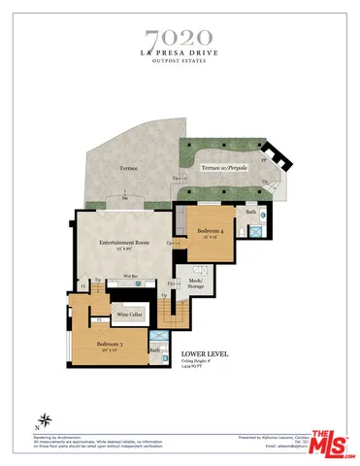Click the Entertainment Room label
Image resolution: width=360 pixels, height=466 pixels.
[x=123, y=244]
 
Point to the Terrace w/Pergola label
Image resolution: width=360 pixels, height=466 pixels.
[x=224, y=168]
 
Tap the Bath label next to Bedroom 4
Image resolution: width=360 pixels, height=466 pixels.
[x=250, y=212]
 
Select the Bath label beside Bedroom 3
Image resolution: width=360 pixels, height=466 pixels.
[x=154, y=349]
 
